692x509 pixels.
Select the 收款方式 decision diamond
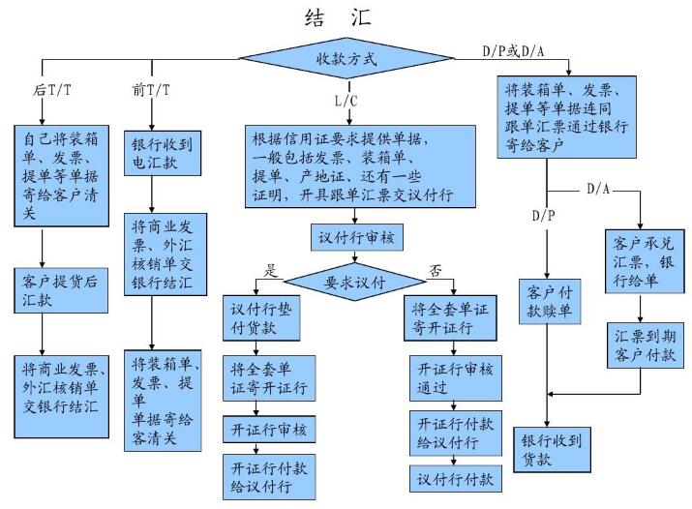coord(346,58)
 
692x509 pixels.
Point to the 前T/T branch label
coord(151,89)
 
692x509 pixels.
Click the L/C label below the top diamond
coord(346,100)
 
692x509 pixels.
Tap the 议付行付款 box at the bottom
coord(449,479)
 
